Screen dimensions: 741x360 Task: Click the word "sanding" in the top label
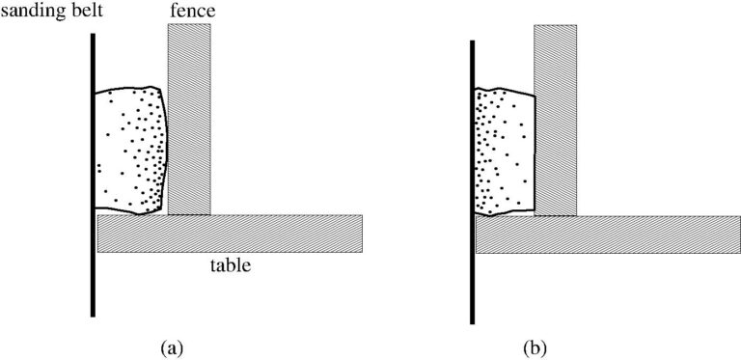[33, 12]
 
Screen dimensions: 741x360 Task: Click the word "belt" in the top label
[87, 10]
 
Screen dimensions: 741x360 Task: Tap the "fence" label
[193, 11]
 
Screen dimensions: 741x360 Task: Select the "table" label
[231, 265]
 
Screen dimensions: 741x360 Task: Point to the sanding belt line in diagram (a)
[93, 175]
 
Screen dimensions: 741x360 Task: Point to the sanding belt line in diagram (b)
[472, 182]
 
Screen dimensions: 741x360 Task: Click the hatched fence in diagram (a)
[189, 119]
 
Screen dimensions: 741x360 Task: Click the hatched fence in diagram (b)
[556, 121]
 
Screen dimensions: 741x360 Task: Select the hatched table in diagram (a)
[230, 234]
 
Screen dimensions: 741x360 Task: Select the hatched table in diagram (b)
[608, 235]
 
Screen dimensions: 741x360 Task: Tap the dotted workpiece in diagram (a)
[131, 151]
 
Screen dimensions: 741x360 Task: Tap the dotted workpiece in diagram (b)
[505, 152]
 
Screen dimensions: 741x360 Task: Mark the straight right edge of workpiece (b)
[535, 152]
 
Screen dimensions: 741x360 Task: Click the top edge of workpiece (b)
[505, 91]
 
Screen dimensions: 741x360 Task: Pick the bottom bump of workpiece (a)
[140, 213]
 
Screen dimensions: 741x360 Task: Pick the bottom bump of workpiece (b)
[490, 214]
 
